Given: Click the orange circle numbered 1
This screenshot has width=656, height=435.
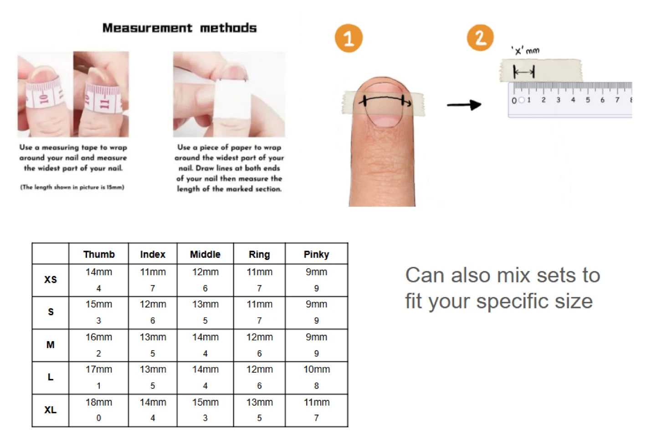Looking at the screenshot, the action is click(x=348, y=38).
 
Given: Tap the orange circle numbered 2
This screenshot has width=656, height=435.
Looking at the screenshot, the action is click(x=480, y=37).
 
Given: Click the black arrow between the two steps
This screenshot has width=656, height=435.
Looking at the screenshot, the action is click(x=464, y=105).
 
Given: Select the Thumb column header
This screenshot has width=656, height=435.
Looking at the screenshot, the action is click(x=99, y=254).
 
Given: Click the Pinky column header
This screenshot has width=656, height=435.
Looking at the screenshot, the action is click(x=316, y=254).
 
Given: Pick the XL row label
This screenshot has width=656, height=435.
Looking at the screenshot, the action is click(x=51, y=410).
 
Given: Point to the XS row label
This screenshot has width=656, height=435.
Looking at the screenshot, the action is click(x=51, y=280).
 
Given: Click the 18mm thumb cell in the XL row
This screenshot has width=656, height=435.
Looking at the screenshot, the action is click(x=99, y=402).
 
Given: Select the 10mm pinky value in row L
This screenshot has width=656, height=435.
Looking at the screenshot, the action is click(x=317, y=369).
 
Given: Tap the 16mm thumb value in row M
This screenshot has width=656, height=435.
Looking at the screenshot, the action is click(x=99, y=337).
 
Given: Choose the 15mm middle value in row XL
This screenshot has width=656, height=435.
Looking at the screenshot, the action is click(x=205, y=402).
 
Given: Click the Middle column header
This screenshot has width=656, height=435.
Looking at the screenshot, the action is click(x=205, y=254).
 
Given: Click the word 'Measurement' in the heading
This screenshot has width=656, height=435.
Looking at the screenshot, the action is click(x=147, y=28).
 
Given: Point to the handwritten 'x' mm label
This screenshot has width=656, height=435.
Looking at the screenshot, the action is click(x=525, y=51).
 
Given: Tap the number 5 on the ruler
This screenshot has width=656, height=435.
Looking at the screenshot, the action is click(x=588, y=100).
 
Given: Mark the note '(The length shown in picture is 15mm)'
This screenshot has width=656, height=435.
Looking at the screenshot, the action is click(x=72, y=187).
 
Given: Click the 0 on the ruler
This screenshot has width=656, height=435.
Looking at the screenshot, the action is click(x=514, y=100).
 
